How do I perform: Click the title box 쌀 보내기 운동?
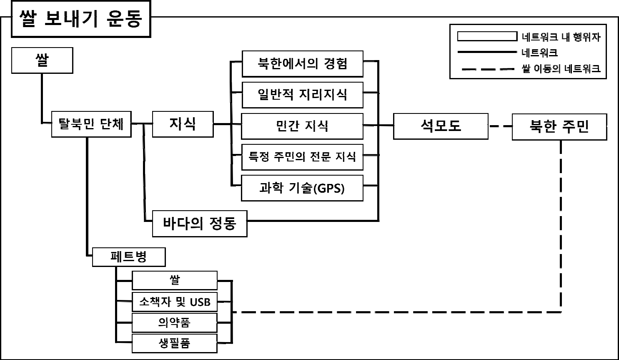(80, 19)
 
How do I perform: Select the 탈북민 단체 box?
(91, 124)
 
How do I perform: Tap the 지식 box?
(183, 124)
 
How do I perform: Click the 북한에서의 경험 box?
(302, 64)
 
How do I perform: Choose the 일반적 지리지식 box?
(302, 95)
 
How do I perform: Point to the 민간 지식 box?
(302, 126)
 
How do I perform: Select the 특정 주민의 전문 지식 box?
(302, 157)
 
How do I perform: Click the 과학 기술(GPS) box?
(302, 188)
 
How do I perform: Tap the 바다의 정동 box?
(199, 224)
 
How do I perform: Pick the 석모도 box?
(441, 126)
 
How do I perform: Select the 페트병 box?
(128, 257)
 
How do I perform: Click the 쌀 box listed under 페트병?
(175, 280)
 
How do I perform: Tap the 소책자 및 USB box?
(175, 302)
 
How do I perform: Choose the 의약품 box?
(175, 322)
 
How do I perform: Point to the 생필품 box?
(175, 343)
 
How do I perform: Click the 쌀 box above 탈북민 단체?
(42, 60)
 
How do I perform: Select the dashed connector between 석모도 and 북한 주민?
(500, 126)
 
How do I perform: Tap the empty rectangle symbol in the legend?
(487, 36)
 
